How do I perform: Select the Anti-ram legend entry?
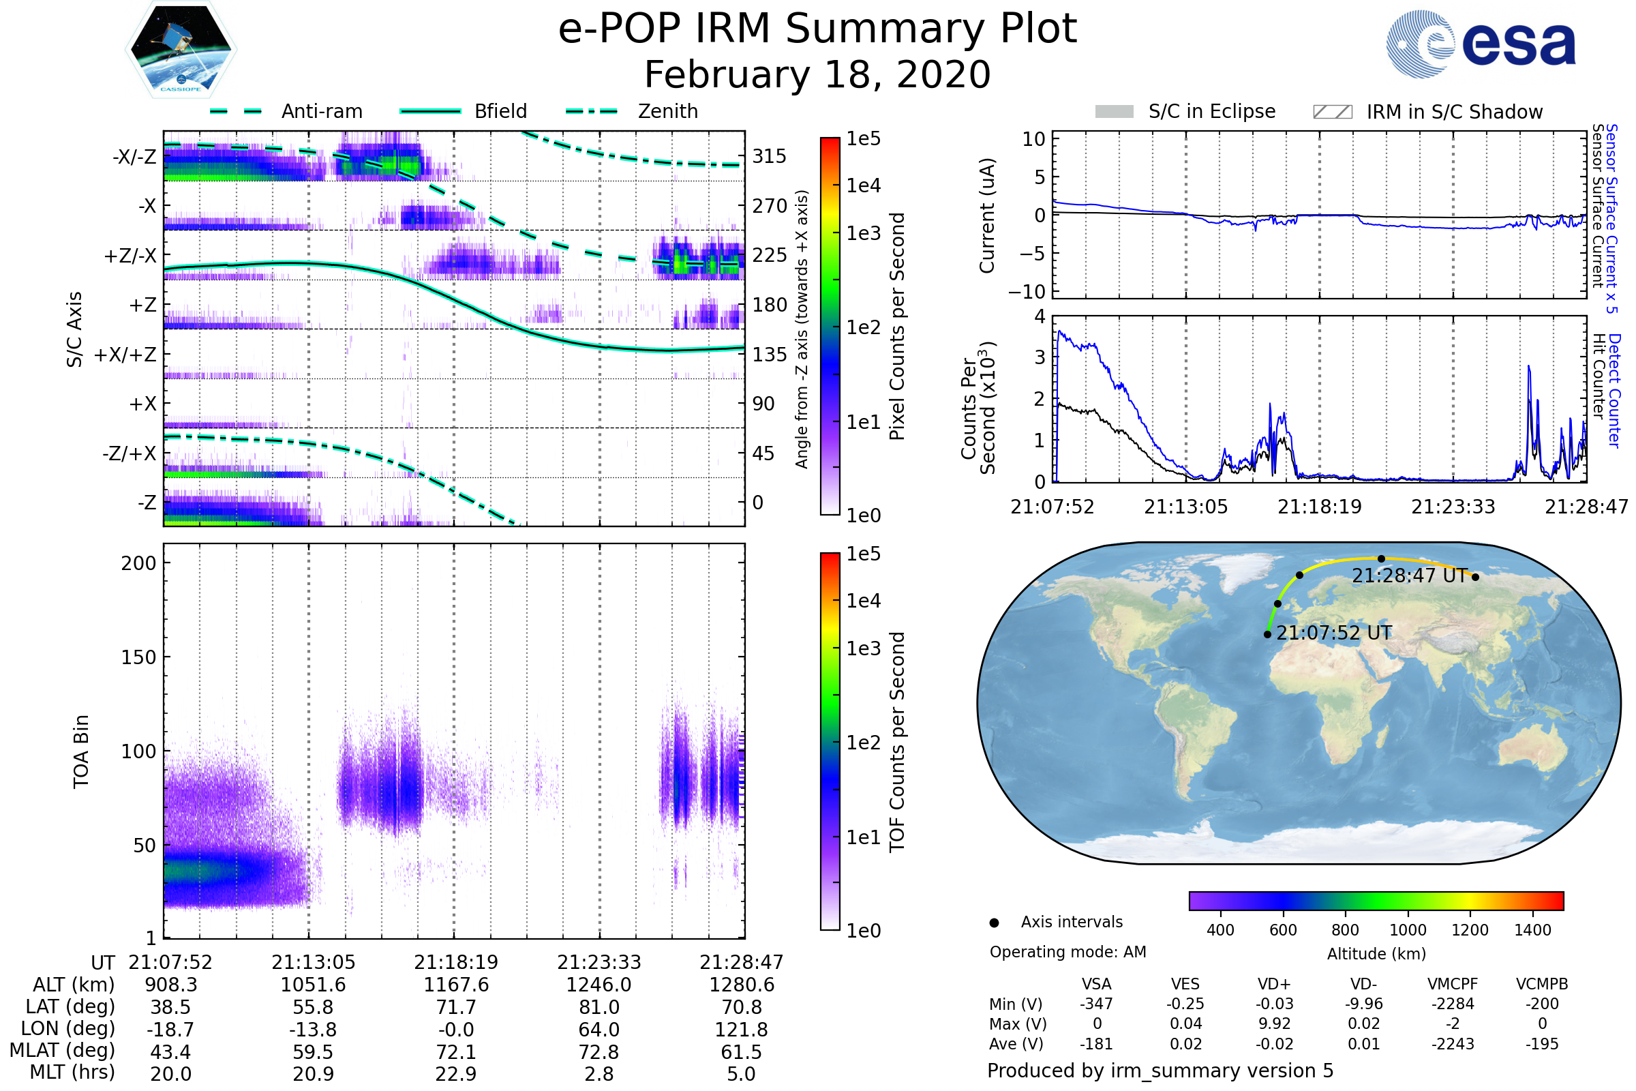click(x=286, y=111)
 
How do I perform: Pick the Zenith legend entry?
click(x=632, y=111)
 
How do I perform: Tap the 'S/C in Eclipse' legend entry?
click(x=1185, y=112)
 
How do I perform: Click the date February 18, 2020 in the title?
click(x=817, y=75)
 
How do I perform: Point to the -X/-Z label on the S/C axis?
click(x=134, y=157)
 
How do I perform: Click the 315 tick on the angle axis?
click(x=770, y=157)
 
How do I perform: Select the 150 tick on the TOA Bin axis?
click(x=138, y=657)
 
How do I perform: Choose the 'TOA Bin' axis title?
click(x=81, y=751)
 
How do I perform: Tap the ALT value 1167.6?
click(x=456, y=985)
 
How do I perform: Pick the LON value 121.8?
click(x=742, y=1030)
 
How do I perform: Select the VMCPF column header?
click(x=1453, y=985)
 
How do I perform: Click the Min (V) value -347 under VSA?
click(x=1096, y=1004)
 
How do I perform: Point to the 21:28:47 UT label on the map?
click(x=1409, y=576)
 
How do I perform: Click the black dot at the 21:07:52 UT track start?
click(x=1267, y=635)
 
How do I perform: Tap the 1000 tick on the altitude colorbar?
click(x=1408, y=930)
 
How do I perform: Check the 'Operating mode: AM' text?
click(x=1067, y=952)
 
